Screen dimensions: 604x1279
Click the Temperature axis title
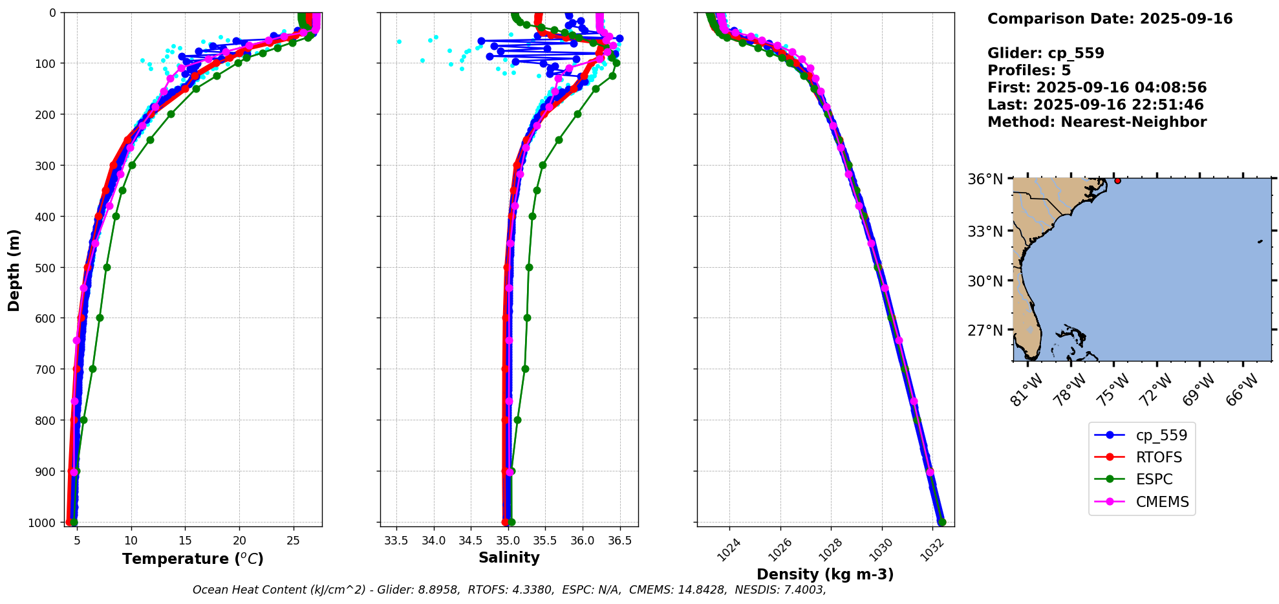tap(193, 559)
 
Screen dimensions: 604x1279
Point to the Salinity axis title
tap(509, 557)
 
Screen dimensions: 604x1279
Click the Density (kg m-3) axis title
tap(825, 574)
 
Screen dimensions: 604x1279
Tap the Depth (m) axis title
tap(14, 270)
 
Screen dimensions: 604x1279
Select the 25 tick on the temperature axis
tap(294, 541)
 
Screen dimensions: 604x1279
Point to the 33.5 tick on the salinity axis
tap(396, 541)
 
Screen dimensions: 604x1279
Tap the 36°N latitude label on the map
tap(985, 179)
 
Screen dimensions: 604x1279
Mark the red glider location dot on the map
tap(1117, 180)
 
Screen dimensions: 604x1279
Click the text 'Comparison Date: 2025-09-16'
tap(1110, 19)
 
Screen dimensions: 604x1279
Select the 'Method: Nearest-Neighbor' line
tap(1097, 122)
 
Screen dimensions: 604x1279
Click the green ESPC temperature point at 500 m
tap(107, 267)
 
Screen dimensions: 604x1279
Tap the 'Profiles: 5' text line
tap(1029, 70)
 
